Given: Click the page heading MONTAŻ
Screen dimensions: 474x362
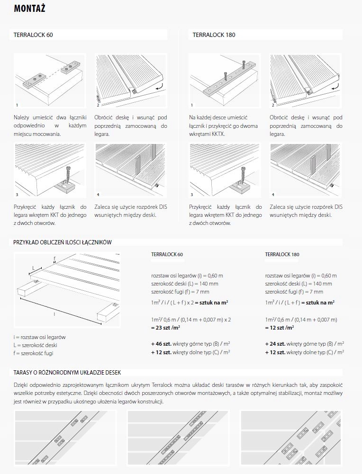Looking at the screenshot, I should coord(30,9).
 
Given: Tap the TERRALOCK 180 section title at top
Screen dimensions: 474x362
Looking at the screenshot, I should coord(214,35).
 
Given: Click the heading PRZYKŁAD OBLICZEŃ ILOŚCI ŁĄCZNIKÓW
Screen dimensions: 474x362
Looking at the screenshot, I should coord(62,242).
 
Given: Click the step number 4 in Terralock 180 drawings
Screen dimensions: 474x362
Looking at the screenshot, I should coord(273,195).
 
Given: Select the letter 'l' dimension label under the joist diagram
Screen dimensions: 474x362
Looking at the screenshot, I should coord(54,314).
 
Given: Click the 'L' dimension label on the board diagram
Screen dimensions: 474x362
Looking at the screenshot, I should coord(33,268).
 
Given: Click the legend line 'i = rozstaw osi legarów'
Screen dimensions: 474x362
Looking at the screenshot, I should coord(40,337).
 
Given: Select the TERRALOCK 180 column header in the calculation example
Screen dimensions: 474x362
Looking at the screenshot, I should coord(282,254).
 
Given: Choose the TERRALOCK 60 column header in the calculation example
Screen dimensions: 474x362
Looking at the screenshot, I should coord(167,254).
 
